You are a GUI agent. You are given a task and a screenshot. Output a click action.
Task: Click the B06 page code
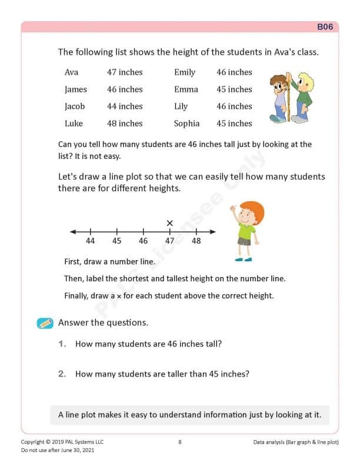coord(325,26)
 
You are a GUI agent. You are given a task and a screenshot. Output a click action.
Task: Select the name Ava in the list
coord(71,72)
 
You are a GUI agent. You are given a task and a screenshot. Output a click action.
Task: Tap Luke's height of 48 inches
coord(125,124)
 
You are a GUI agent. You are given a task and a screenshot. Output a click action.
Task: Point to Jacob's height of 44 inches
coord(125,106)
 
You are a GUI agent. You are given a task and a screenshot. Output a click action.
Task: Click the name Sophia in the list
coord(186,124)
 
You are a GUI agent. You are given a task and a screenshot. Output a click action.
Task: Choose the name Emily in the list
coord(185,72)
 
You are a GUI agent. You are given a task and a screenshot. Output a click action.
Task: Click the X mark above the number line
coord(169,223)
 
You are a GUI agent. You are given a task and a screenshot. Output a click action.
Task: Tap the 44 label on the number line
coord(91,241)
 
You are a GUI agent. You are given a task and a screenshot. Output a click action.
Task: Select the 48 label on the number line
coord(196,241)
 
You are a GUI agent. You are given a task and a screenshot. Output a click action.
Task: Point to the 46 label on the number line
coord(143,241)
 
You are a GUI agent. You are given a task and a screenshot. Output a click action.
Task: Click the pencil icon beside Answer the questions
coord(45,323)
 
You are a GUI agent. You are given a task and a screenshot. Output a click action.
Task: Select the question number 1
coord(62,344)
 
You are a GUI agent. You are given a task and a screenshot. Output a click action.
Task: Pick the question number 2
coord(62,374)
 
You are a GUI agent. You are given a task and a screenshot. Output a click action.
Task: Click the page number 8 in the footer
coord(179,442)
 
